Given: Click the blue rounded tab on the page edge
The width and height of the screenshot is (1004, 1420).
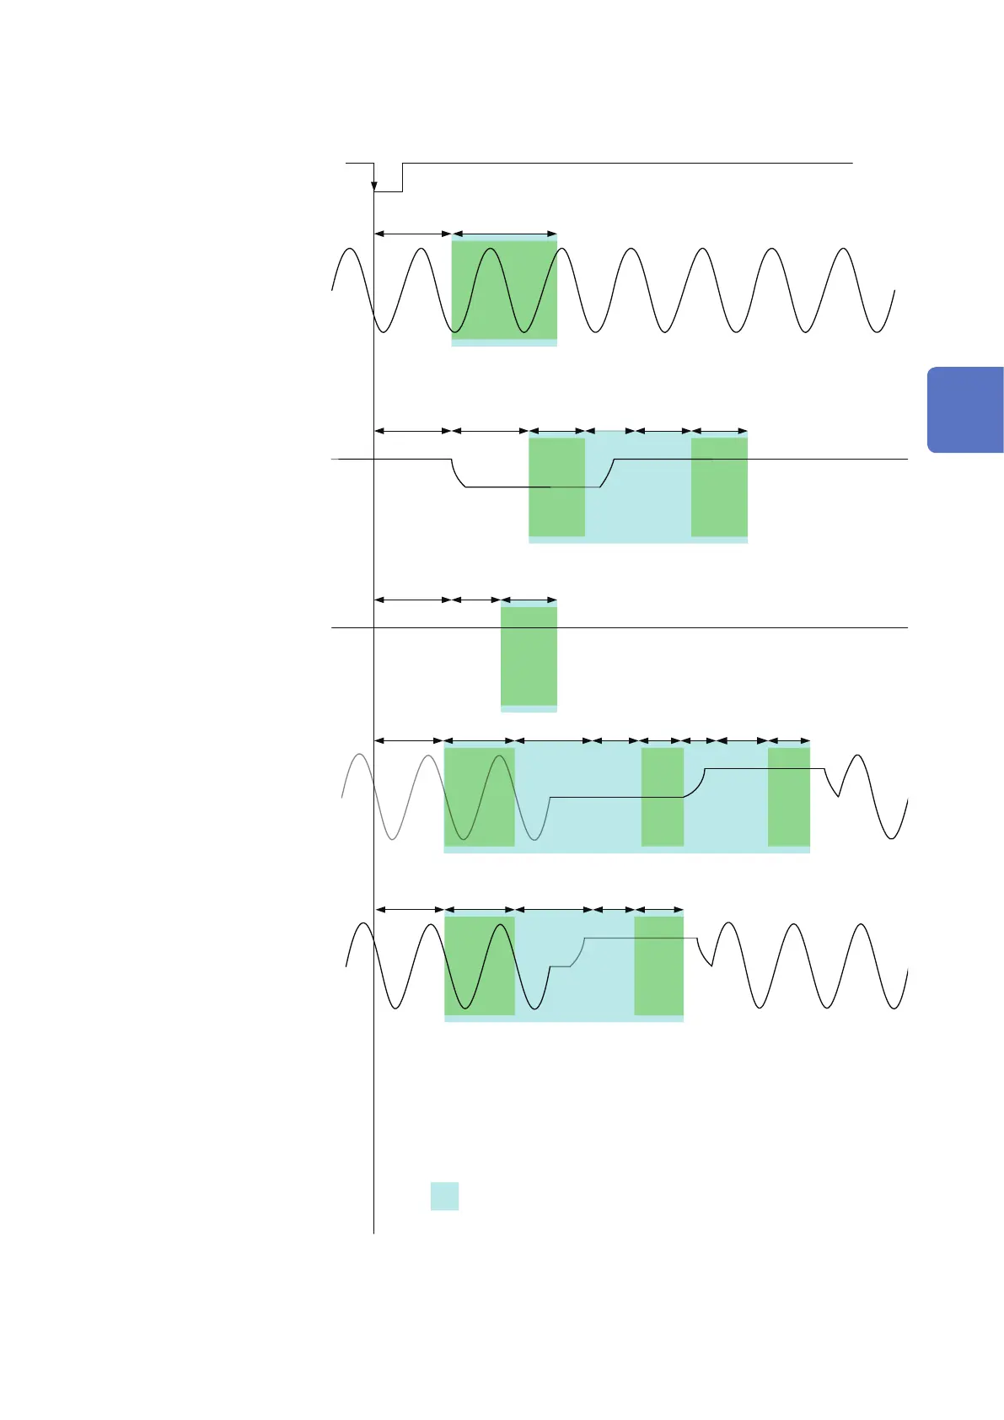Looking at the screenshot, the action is click(966, 410).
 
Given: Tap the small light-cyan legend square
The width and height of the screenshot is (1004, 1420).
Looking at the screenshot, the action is click(444, 1196).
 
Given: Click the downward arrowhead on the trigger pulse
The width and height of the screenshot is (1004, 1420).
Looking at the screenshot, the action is click(374, 186).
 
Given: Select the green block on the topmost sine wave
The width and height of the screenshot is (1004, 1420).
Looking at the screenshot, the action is click(504, 290).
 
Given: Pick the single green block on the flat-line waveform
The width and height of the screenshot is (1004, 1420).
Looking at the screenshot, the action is click(529, 656).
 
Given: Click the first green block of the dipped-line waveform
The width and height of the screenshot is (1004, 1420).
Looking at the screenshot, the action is click(556, 487).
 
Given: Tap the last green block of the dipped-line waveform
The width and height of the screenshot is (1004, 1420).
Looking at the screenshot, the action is click(719, 487).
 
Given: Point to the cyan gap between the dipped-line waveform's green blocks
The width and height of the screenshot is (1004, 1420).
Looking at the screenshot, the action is click(638, 506).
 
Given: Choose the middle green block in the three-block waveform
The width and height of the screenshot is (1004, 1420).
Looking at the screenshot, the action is click(662, 797).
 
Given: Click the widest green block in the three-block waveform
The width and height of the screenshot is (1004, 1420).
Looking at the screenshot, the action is click(479, 797).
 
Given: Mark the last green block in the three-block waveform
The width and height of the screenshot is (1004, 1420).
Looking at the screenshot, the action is click(788, 797).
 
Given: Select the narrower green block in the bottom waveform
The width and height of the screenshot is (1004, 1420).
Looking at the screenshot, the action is click(658, 965).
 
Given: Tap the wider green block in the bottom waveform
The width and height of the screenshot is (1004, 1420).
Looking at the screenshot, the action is click(479, 965).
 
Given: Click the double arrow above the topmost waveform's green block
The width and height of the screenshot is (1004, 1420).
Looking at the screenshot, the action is click(504, 234).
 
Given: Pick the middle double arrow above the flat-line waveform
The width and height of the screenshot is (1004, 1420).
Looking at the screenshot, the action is click(476, 600).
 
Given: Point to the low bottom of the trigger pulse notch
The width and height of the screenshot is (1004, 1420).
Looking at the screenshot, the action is click(388, 191).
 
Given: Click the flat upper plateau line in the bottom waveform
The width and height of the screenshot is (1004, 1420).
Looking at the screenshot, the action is click(641, 939).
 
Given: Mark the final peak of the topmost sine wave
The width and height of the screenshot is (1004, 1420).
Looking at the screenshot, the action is click(843, 250).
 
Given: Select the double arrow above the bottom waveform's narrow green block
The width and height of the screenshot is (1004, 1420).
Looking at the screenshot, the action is click(658, 910).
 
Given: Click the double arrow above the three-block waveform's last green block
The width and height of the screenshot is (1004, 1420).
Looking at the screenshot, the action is click(789, 741).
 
